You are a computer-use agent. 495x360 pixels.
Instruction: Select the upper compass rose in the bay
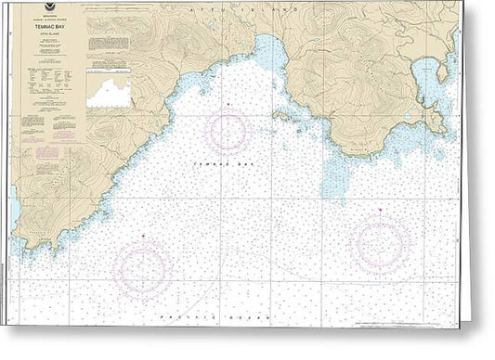pyautogui.click(x=228, y=131)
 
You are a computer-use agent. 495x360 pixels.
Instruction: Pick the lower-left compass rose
pyautogui.click(x=142, y=271)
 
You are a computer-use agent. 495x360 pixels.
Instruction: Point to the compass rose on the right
pyautogui.click(x=382, y=245)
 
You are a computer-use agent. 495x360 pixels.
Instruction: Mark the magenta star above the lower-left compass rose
pyautogui.click(x=142, y=238)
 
